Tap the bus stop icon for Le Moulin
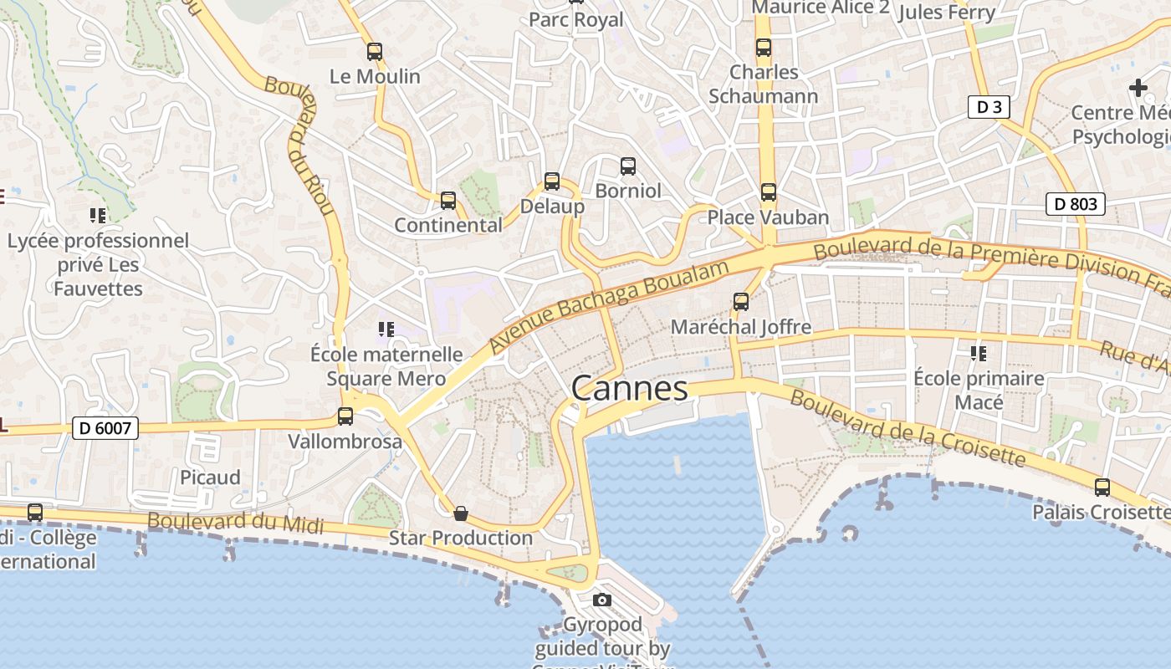click(375, 52)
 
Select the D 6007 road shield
click(104, 428)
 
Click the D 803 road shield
click(1076, 204)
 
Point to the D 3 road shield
click(989, 107)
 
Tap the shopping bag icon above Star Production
click(460, 513)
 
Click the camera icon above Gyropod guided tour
click(601, 600)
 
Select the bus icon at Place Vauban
click(768, 192)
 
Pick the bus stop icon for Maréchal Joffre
click(740, 301)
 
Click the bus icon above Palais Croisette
click(1102, 487)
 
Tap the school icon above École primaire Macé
click(978, 354)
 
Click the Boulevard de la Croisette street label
click(907, 428)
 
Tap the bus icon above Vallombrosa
click(345, 416)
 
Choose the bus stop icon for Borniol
click(627, 166)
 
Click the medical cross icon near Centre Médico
click(1138, 87)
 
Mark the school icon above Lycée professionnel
click(98, 216)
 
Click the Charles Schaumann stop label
click(764, 84)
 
